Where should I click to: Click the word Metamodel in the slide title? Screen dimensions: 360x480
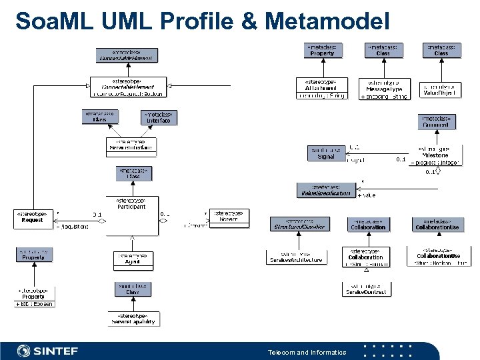[326, 21]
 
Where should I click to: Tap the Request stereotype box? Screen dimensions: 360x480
[32, 219]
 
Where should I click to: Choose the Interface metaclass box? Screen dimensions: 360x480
[159, 117]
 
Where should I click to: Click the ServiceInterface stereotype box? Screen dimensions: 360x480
[131, 146]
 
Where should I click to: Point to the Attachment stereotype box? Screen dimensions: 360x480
[321, 89]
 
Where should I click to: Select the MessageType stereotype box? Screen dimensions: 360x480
[385, 89]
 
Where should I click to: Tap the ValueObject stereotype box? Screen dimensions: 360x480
[441, 91]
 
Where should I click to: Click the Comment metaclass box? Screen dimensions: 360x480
[437, 122]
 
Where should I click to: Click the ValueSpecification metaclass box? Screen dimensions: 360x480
[324, 190]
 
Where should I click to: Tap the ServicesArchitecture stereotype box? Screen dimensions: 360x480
[297, 257]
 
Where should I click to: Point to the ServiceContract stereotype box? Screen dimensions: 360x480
[367, 289]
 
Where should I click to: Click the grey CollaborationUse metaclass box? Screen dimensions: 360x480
[437, 224]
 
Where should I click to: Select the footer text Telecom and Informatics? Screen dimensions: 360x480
[307, 352]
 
